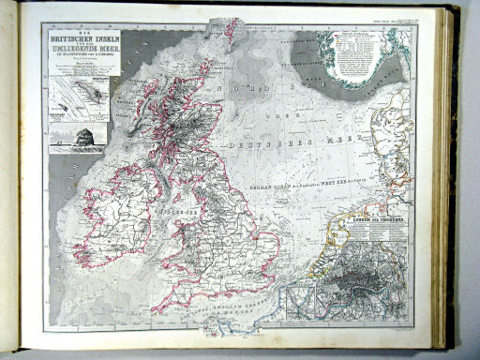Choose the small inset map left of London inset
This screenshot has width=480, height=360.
pyautogui.click(x=301, y=298)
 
